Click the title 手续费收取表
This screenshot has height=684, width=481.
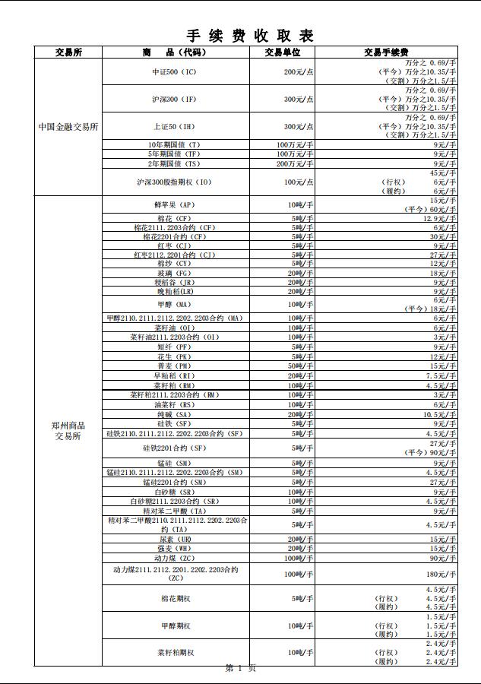[x=250, y=35]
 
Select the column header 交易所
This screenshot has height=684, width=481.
[x=68, y=52]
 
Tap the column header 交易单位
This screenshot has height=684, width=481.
[x=283, y=52]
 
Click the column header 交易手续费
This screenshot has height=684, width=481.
[x=386, y=52]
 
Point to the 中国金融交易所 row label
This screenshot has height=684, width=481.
[x=68, y=127]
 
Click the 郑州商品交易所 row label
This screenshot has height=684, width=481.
[x=68, y=431]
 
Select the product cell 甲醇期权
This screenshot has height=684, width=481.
[x=176, y=626]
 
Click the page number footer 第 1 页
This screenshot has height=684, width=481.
[x=240, y=668]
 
